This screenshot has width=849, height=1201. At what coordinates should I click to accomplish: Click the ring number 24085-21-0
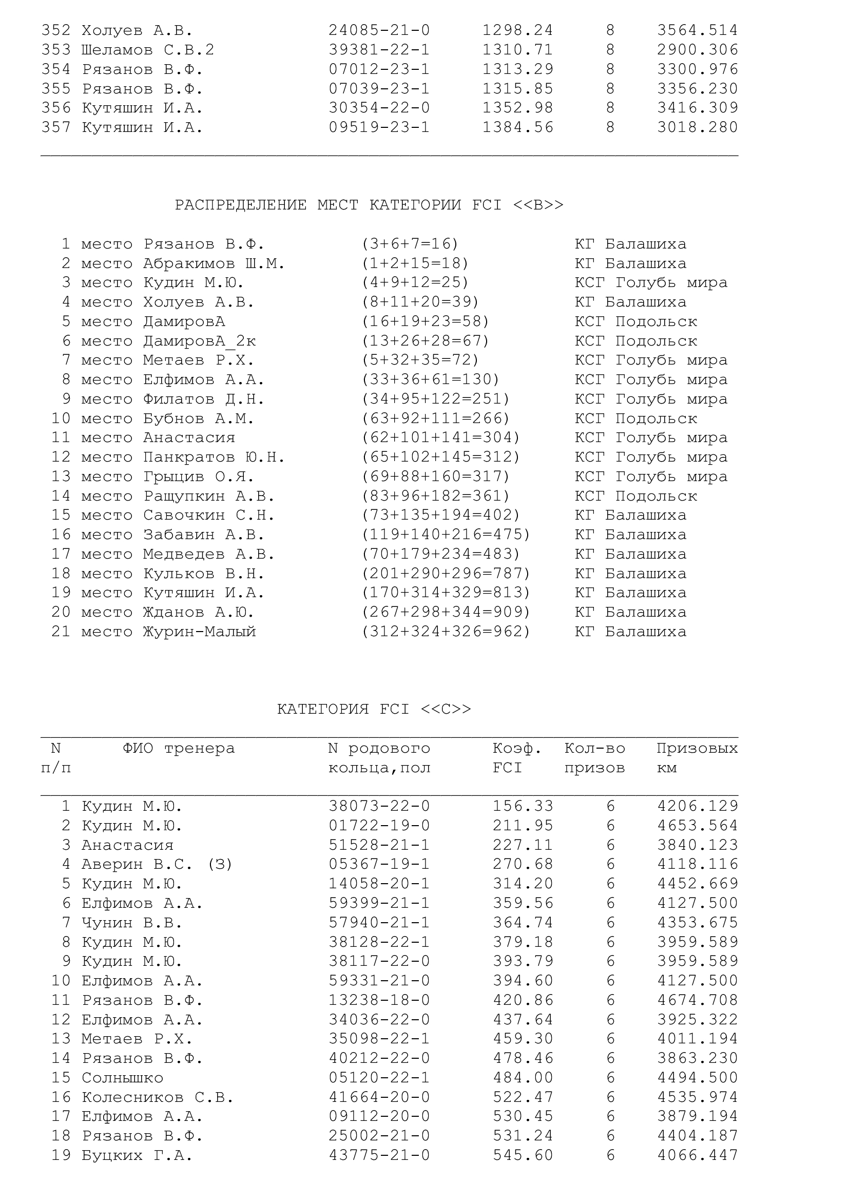[379, 30]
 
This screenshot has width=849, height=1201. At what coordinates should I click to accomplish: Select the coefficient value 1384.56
[517, 128]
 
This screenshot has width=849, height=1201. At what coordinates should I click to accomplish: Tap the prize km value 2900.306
[698, 50]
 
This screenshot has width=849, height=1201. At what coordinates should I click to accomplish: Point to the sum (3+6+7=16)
[410, 244]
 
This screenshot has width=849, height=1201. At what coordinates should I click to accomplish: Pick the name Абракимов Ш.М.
[215, 263]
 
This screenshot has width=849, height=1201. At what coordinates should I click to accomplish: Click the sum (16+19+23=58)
[426, 321]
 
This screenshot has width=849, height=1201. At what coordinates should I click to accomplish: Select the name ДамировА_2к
[200, 341]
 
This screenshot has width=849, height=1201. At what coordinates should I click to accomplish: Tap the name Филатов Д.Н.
[204, 399]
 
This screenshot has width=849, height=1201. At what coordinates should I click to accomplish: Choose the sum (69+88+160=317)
[435, 476]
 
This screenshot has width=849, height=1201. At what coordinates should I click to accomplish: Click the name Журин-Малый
[200, 632]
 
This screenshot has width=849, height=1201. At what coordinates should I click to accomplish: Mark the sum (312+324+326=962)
[446, 632]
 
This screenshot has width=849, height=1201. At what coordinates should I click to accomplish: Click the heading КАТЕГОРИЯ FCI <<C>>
[374, 709]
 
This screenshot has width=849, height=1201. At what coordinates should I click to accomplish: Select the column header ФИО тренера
[179, 749]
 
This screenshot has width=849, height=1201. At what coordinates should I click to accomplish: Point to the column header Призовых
[697, 749]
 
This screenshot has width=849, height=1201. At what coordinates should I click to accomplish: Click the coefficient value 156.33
[523, 806]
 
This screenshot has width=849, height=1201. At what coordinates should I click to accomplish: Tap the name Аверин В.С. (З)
[157, 864]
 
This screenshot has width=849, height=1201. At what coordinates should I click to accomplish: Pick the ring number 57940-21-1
[379, 923]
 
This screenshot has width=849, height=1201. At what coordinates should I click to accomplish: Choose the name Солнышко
[122, 1078]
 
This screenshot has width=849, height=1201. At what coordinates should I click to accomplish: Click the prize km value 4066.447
[698, 1155]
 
